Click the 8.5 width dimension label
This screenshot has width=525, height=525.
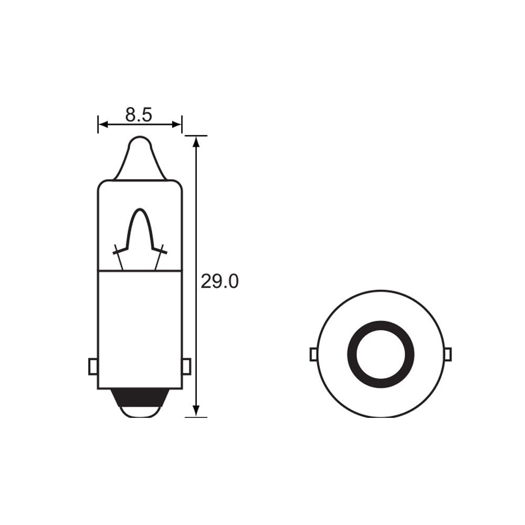[139, 115]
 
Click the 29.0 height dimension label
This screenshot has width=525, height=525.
[219, 282]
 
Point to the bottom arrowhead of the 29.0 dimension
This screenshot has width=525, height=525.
[196, 412]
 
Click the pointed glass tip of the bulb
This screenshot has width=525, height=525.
[140, 144]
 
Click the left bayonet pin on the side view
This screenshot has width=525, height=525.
[93, 366]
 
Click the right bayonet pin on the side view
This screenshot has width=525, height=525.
[186, 366]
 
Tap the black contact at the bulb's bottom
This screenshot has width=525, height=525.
[140, 399]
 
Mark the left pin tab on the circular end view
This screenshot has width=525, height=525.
[313, 355]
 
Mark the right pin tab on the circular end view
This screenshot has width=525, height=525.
[447, 355]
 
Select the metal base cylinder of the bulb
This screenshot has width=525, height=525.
[140, 325]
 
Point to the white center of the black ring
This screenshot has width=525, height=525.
[381, 354]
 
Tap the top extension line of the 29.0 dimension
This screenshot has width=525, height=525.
[196, 135]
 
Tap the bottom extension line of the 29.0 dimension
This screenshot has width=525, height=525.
[196, 417]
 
